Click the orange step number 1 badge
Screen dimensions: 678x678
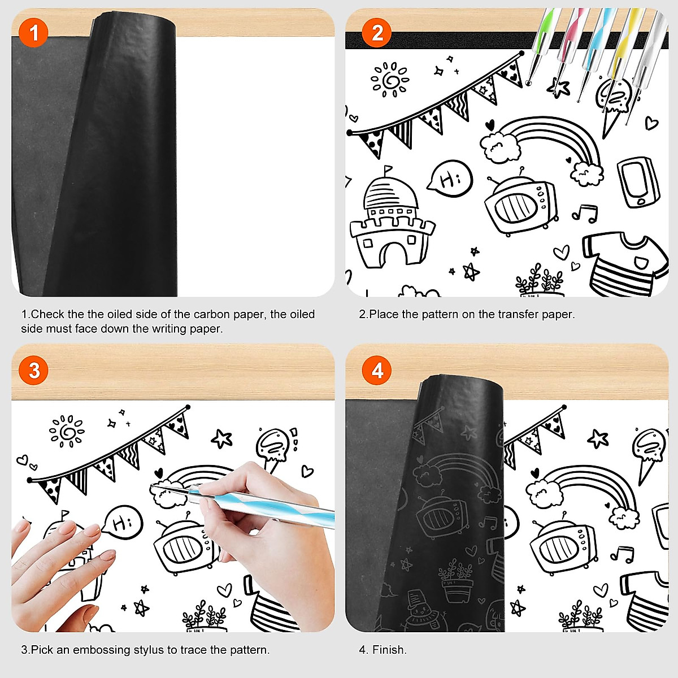point(34,33)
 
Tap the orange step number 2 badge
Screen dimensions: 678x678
point(377,33)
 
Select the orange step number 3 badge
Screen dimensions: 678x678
point(34,371)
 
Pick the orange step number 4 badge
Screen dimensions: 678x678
point(377,371)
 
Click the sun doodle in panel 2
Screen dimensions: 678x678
point(389,80)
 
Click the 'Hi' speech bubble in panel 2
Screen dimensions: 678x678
point(450,179)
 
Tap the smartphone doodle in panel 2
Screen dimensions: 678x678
point(638,182)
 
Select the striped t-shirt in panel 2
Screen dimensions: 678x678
point(624,263)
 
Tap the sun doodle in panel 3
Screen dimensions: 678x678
point(67,432)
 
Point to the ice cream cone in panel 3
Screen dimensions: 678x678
point(274,449)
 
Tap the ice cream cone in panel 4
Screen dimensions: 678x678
point(648,452)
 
